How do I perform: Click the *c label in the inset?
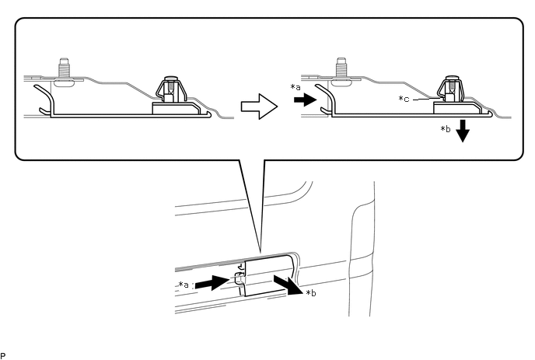coord(404,100)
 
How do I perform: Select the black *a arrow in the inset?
coord(305,100)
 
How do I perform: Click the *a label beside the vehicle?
coord(184,285)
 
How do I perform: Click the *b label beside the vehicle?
coord(310,292)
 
